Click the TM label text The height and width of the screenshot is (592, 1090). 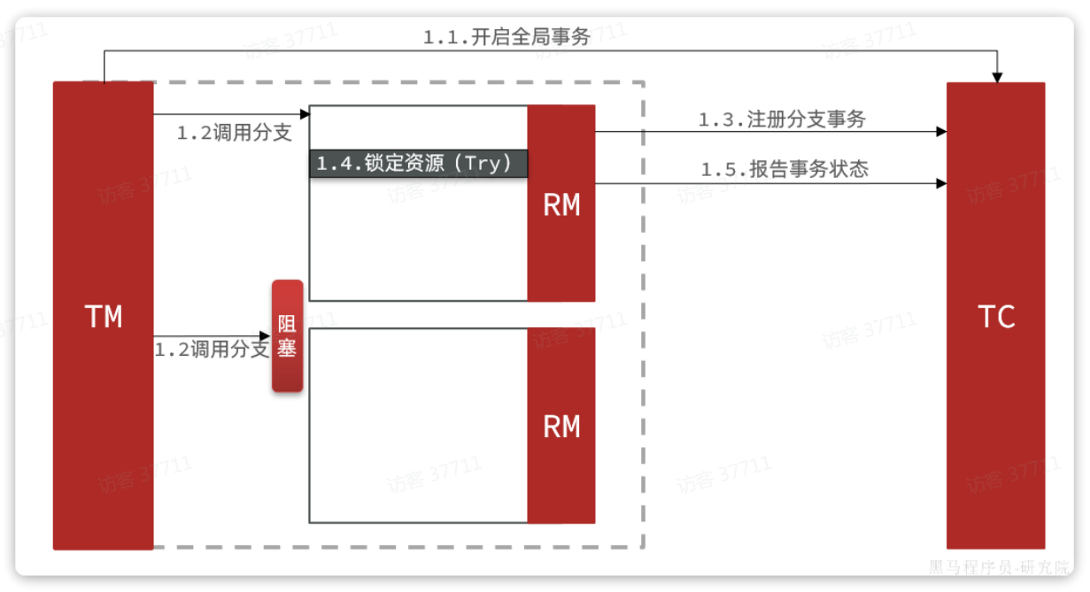click(x=104, y=317)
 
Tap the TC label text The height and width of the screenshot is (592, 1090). click(x=996, y=317)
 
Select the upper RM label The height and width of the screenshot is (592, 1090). click(x=561, y=205)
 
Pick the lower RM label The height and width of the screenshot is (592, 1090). click(x=561, y=427)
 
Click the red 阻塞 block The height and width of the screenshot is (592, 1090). click(x=287, y=336)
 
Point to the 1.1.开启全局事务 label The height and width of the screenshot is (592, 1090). click(x=506, y=37)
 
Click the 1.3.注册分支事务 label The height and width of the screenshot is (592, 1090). click(x=782, y=120)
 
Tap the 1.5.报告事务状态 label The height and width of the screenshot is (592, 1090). click(x=785, y=170)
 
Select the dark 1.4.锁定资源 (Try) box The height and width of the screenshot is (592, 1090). click(x=418, y=164)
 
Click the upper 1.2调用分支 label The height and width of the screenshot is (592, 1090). click(x=234, y=134)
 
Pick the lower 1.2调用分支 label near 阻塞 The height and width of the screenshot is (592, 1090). click(x=212, y=350)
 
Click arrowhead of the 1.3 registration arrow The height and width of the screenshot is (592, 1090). click(x=941, y=132)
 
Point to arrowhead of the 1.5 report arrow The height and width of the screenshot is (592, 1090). click(x=941, y=183)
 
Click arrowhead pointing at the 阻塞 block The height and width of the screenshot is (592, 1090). click(x=266, y=335)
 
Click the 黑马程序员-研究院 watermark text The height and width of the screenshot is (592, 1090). click(x=999, y=566)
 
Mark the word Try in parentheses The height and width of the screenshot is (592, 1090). click(x=485, y=164)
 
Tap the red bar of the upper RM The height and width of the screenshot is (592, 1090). click(x=561, y=257)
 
